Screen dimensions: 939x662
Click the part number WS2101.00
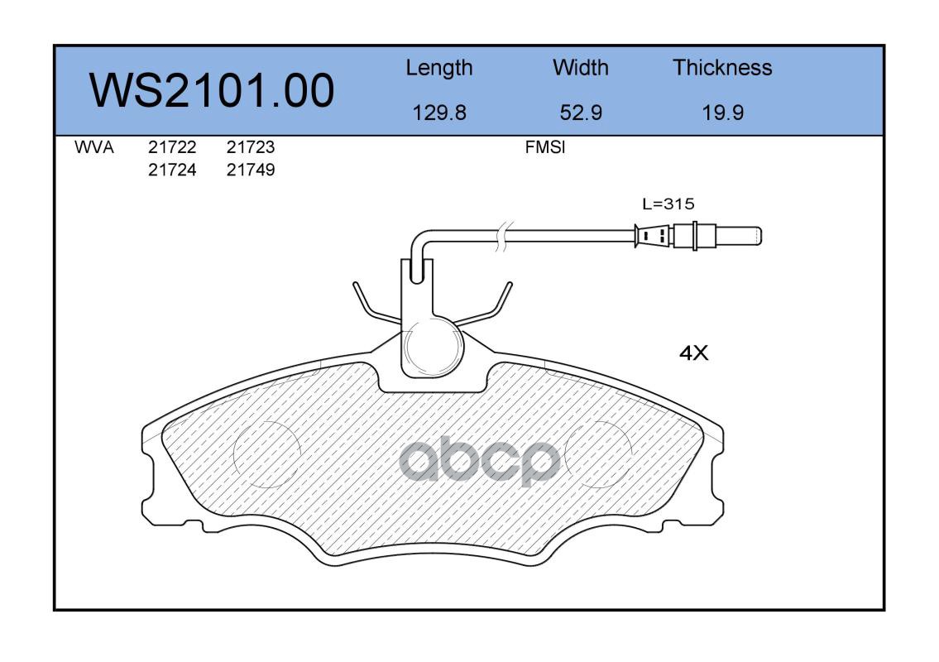[212, 90]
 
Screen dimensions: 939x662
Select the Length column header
[439, 69]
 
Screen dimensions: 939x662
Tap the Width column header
[580, 68]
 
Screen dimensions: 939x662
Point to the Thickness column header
[722, 68]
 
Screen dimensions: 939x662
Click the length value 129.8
[439, 113]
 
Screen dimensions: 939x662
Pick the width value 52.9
[580, 113]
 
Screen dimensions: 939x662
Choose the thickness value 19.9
[723, 113]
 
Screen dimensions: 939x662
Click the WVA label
[94, 147]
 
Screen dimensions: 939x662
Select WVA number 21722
[172, 147]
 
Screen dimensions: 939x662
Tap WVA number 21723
[251, 147]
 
